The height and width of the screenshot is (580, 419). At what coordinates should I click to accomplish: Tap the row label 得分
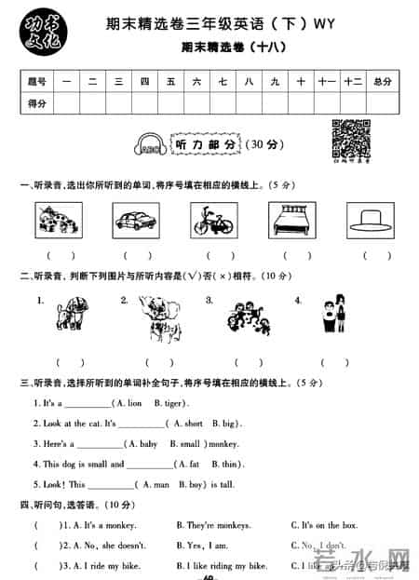pos(38,103)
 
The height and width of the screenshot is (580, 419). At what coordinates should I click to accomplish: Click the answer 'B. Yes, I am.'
pos(203,546)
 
